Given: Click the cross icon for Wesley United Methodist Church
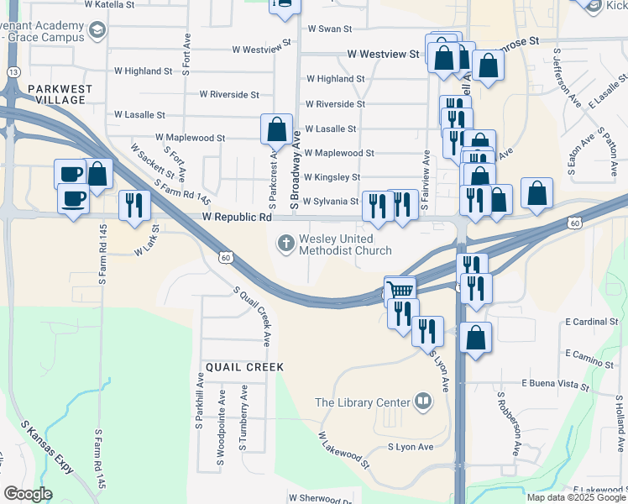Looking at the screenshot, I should [x=286, y=244].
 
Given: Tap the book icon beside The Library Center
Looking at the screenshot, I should [x=423, y=402].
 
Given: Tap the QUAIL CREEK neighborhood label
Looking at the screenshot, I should [x=243, y=367].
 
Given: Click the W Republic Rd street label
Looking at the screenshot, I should [x=237, y=217].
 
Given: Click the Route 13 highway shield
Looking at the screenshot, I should [x=13, y=73].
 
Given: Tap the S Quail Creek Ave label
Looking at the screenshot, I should [x=251, y=316].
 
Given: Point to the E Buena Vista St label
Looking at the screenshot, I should [x=555, y=384].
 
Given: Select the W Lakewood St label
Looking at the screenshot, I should [x=343, y=449].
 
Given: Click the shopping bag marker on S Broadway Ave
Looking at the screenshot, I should [x=276, y=130].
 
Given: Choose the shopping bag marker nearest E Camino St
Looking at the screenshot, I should [x=475, y=339].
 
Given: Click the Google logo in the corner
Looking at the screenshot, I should [x=28, y=494].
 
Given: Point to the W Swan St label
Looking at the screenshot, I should [x=329, y=29].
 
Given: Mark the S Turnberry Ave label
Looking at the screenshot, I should [x=243, y=418].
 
